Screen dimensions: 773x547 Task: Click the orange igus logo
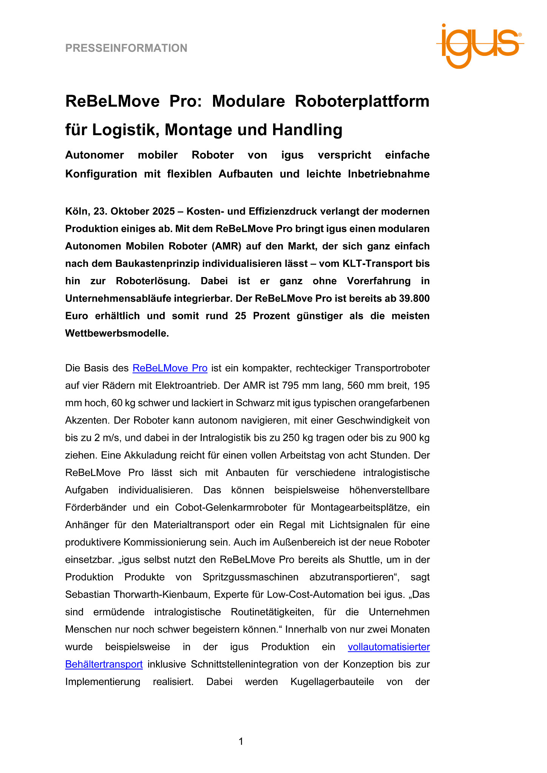[x=480, y=45]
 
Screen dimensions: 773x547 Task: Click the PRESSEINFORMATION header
[x=126, y=48]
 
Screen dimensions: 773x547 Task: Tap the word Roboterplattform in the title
[x=362, y=101]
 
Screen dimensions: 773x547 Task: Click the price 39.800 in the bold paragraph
[x=414, y=299]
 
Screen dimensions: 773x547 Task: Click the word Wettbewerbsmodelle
[x=116, y=333]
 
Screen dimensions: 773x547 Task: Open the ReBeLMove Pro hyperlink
[x=170, y=368]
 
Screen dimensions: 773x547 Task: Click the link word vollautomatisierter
[x=389, y=647]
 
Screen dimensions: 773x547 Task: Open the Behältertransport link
[x=104, y=664]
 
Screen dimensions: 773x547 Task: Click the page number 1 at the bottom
[x=241, y=742]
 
